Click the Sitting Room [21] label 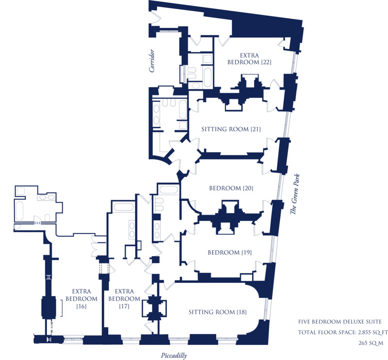(231, 129)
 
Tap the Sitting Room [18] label (217, 312)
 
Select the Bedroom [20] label (231, 188)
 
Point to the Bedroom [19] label (229, 252)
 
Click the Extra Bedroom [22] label (249, 59)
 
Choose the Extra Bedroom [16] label (81, 298)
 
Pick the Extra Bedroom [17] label (124, 298)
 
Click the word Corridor (152, 61)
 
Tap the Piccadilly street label (174, 356)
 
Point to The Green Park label (295, 194)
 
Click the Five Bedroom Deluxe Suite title (340, 322)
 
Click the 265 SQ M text (371, 343)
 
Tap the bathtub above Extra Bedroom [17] (123, 207)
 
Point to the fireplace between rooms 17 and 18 (154, 309)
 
